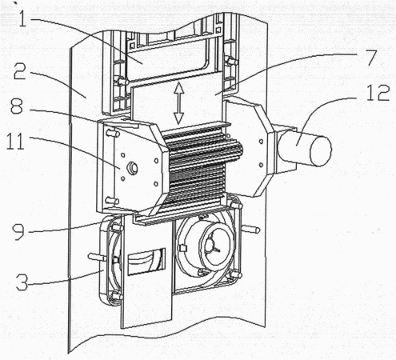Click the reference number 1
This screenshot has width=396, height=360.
tap(23, 17)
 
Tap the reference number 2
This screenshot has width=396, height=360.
tap(20, 71)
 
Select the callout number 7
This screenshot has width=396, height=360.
tap(370, 58)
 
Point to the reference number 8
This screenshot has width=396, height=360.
tap(17, 107)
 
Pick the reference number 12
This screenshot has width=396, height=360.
tap(378, 93)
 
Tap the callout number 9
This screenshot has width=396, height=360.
tap(18, 231)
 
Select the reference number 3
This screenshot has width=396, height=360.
tap(22, 282)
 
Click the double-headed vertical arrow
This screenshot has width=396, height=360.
tap(178, 103)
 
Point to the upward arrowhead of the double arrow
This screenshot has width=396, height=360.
tap(178, 87)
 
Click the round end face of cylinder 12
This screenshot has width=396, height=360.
tap(321, 151)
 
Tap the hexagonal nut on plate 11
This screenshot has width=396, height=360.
tap(132, 167)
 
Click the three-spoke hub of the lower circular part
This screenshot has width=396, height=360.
tap(214, 246)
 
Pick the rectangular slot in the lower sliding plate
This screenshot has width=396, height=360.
tap(147, 262)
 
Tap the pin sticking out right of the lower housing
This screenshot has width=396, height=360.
tap(250, 229)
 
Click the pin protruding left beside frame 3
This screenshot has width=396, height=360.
tap(97, 257)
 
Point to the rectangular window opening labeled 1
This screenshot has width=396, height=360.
tap(170, 58)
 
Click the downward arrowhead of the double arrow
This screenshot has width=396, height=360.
tap(178, 118)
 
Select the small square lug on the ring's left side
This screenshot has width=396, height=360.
tap(182, 249)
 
